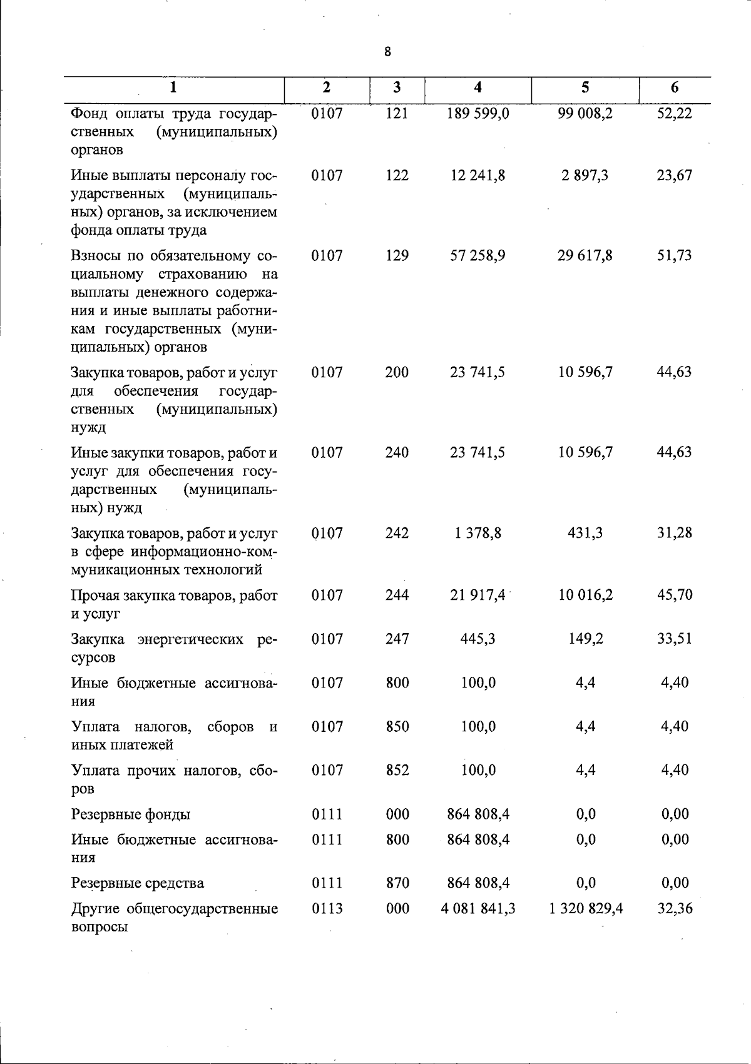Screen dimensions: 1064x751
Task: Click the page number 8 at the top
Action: click(x=387, y=52)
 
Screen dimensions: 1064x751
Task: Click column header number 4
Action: click(x=478, y=88)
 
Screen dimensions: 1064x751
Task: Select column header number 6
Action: click(x=674, y=88)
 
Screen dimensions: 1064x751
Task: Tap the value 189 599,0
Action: click(x=478, y=113)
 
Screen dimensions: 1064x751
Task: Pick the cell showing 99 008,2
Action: click(x=585, y=113)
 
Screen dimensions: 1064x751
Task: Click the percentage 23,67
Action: click(x=675, y=175)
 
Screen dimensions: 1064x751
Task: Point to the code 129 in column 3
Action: click(x=397, y=255)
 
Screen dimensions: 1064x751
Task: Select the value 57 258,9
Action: click(x=478, y=255)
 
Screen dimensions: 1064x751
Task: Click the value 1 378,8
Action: click(x=478, y=533)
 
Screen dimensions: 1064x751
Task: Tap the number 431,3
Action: click(x=585, y=533)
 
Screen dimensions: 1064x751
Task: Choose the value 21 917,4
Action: click(x=478, y=595)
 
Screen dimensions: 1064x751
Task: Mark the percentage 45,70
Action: click(x=675, y=595)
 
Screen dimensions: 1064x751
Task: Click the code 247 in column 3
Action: click(x=397, y=639)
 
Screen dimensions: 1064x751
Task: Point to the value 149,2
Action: click(x=585, y=639)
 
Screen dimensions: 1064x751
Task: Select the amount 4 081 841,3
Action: click(x=478, y=908)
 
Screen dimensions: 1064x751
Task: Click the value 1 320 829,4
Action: click(x=586, y=908)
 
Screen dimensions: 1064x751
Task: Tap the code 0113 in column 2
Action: click(x=327, y=908)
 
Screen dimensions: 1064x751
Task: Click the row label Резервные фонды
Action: click(x=131, y=814)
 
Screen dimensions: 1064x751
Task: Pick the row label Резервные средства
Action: click(x=137, y=883)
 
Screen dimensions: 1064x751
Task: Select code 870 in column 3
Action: click(x=397, y=883)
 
